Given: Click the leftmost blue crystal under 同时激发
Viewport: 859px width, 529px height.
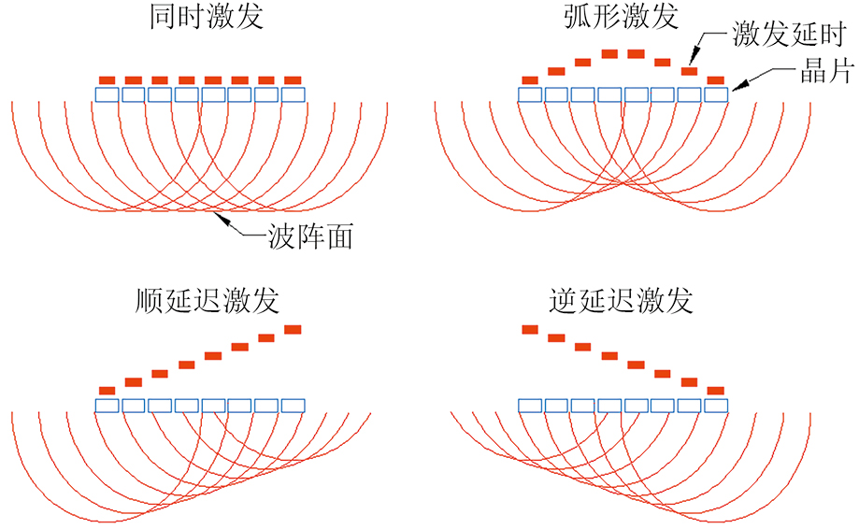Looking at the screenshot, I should tap(107, 94).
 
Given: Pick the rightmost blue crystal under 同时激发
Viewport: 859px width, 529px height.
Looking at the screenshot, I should tap(293, 94).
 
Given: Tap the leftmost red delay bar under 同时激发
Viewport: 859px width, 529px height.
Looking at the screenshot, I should tap(107, 79).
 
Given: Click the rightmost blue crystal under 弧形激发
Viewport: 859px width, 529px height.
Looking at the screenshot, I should tap(716, 94).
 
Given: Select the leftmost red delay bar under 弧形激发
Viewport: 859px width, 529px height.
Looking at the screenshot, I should tap(530, 79).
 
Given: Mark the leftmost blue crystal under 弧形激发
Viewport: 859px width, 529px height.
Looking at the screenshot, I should tap(530, 94).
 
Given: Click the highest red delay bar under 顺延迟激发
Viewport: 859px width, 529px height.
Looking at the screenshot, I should tap(293, 329).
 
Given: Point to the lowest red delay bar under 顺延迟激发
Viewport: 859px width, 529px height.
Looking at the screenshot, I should tap(107, 390).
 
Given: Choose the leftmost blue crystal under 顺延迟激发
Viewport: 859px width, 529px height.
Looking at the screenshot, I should tap(107, 405).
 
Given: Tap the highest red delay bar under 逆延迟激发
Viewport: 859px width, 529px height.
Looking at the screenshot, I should tap(530, 329).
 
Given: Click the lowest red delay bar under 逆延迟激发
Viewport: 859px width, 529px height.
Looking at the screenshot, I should tap(716, 390).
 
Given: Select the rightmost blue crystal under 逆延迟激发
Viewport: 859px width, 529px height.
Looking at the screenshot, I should tap(716, 405).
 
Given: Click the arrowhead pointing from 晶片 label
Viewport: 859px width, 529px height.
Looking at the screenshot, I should tap(735, 90).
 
